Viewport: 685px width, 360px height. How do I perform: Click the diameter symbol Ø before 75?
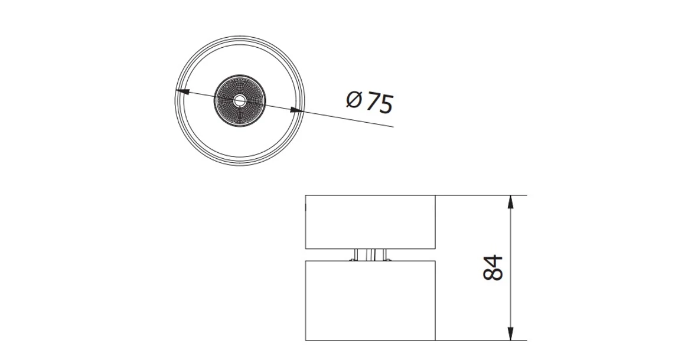(x=353, y=100)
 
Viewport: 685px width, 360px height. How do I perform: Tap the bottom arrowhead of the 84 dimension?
(x=510, y=334)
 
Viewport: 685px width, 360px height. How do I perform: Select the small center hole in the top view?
(x=239, y=100)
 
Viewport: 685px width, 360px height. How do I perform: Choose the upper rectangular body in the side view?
(x=370, y=221)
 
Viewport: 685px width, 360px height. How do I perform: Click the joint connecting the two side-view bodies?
(x=370, y=254)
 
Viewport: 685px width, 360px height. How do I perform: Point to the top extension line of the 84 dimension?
(x=478, y=195)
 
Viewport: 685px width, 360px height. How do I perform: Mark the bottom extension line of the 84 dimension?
(x=478, y=341)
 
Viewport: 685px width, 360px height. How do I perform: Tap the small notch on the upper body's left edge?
(x=305, y=207)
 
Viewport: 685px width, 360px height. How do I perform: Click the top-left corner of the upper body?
(x=305, y=195)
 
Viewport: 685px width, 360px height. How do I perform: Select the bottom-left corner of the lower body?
(x=305, y=341)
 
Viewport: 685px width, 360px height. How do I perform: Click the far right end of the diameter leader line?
(x=393, y=126)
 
